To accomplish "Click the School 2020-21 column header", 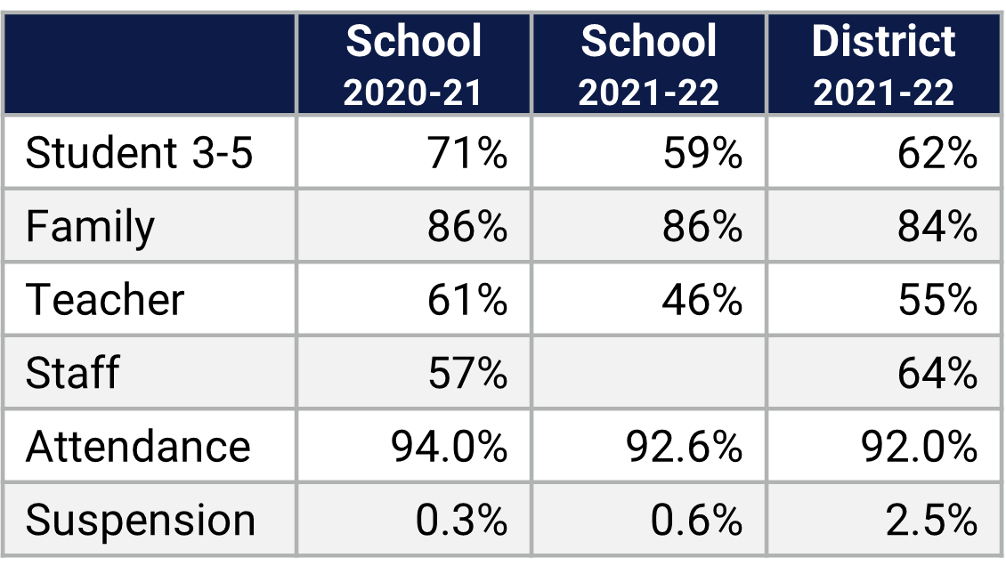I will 413,65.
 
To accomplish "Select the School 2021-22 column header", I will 648,65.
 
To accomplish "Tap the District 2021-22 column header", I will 883,65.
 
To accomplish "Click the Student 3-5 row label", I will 140,153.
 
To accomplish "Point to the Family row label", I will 90,227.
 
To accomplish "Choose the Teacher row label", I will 105,300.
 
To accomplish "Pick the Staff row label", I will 72,373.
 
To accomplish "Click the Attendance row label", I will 138,446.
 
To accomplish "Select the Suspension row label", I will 141,520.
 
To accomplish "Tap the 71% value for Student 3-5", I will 466,153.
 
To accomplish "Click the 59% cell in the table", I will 702,153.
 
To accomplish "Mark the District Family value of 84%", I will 937,227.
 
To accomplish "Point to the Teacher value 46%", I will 702,300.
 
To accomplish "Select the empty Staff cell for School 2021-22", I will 648,373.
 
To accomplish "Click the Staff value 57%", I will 466,373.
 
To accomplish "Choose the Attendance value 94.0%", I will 449,446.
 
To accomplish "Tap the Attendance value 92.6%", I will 684,446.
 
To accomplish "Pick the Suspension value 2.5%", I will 931,520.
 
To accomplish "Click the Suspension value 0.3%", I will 461,520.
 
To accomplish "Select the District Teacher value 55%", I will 937,300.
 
